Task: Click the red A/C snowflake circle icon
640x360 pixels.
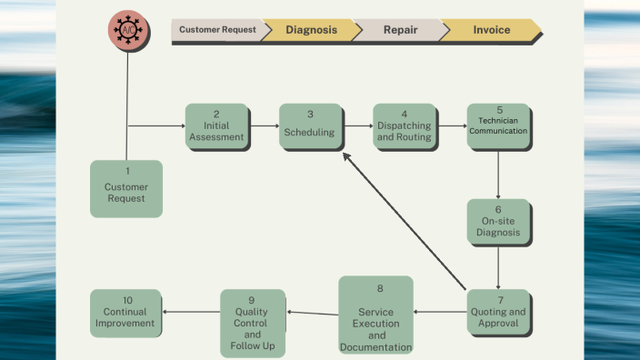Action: pyautogui.click(x=127, y=30)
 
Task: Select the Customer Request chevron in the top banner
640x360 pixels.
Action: pyautogui.click(x=216, y=30)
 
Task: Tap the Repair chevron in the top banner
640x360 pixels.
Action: pyautogui.click(x=400, y=30)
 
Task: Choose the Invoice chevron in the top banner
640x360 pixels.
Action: pyautogui.click(x=491, y=30)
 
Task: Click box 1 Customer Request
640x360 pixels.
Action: pyautogui.click(x=126, y=188)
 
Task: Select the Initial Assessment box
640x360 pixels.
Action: pyautogui.click(x=216, y=126)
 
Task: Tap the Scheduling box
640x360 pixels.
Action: pyautogui.click(x=310, y=126)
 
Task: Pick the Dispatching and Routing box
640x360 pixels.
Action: pyautogui.click(x=404, y=126)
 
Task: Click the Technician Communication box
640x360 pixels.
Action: pyautogui.click(x=499, y=126)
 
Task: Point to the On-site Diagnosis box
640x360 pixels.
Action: pyautogui.click(x=498, y=221)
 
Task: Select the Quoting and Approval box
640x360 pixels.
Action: pyautogui.click(x=498, y=312)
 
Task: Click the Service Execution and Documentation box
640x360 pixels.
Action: pyautogui.click(x=375, y=315)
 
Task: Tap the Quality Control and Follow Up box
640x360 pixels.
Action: pyautogui.click(x=252, y=323)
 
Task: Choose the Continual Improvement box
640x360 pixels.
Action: pyautogui.click(x=125, y=312)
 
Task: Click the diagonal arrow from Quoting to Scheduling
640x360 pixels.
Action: pyautogui.click(x=405, y=223)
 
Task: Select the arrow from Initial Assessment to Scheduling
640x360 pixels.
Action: pyautogui.click(x=264, y=126)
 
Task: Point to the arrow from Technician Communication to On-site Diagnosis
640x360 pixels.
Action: pyautogui.click(x=498, y=174)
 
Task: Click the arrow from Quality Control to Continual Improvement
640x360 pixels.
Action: pyautogui.click(x=191, y=312)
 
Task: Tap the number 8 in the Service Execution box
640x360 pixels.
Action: pyautogui.click(x=380, y=288)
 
